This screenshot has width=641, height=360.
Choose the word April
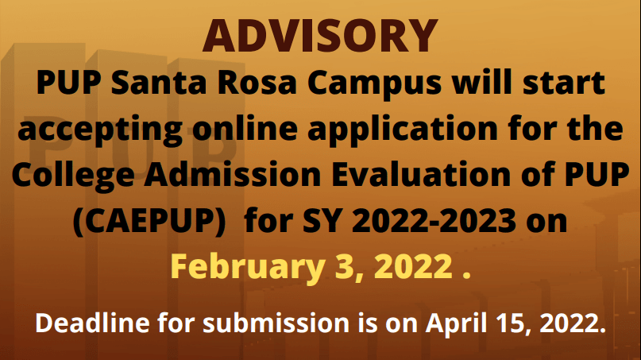[454, 323]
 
